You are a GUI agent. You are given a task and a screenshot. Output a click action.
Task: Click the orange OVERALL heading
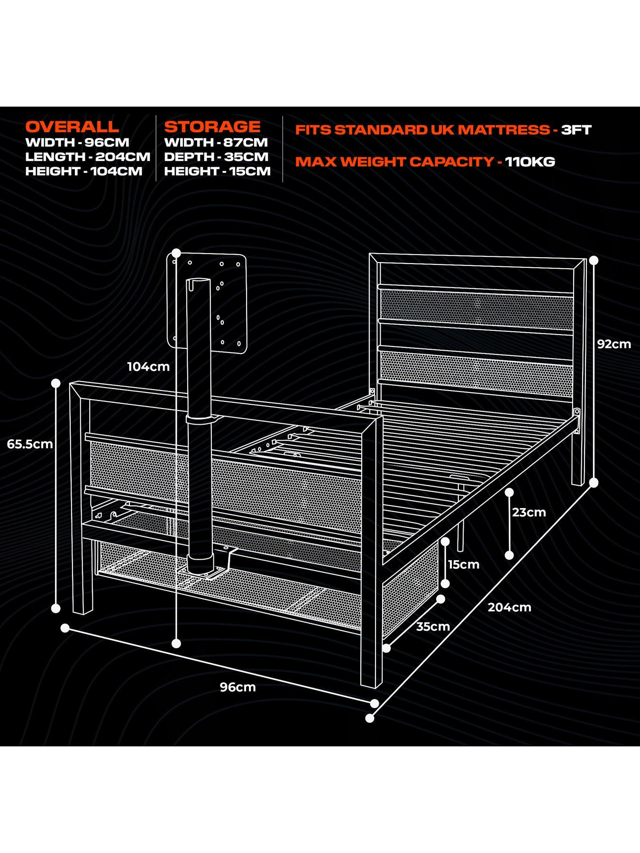72,127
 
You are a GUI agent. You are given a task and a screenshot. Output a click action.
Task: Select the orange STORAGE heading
212,127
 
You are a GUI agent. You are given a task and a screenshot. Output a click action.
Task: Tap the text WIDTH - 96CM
77,142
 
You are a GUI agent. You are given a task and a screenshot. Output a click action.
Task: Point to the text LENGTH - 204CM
88,156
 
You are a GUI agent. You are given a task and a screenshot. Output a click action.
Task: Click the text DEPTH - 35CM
216,156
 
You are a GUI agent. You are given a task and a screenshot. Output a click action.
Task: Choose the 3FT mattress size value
576,130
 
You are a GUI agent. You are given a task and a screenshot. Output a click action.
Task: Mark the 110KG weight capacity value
530,162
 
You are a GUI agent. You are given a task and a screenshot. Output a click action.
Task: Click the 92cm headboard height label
614,344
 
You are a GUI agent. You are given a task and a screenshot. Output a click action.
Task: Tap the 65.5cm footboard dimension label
30,444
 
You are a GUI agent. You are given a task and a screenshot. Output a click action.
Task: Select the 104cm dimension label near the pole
148,366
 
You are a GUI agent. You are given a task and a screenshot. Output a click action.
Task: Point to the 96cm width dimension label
238,687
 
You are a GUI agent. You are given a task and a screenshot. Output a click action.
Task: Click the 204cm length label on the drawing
510,607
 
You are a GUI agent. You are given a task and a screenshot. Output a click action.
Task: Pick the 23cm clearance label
529,512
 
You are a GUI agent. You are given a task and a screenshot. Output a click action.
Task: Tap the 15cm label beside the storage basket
464,564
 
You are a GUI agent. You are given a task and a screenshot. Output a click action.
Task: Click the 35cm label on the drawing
433,626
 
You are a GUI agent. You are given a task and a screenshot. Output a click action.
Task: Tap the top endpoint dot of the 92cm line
594,260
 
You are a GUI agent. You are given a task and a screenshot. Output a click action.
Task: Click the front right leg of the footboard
372,663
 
